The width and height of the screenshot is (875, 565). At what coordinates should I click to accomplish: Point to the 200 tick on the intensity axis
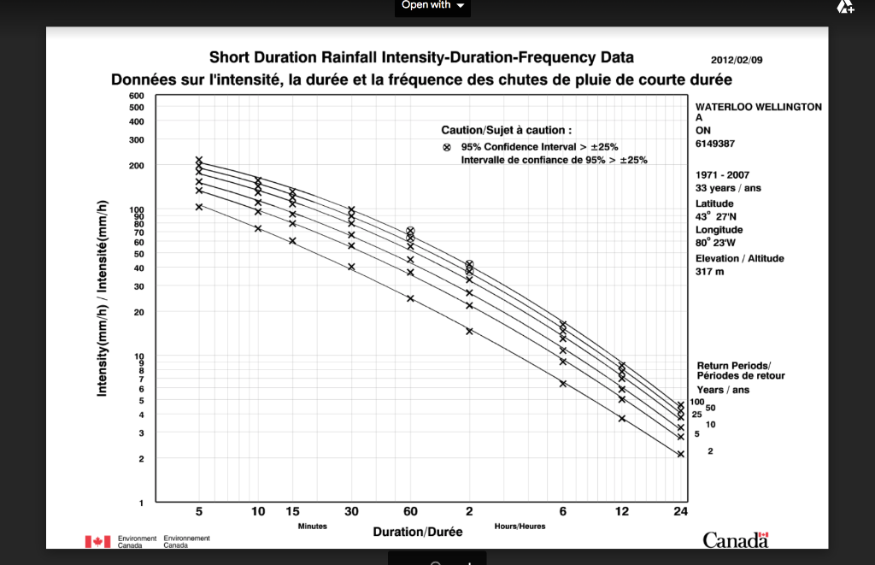[x=137, y=165]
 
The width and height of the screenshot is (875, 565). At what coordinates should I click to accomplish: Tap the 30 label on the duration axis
[x=351, y=511]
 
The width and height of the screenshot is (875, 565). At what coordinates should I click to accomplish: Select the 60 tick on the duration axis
[x=410, y=511]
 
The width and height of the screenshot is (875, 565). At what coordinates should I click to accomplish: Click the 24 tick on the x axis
[x=680, y=511]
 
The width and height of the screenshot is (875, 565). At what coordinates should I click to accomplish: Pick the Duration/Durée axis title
[x=418, y=532]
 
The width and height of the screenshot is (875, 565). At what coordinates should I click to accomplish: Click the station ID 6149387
[x=716, y=144]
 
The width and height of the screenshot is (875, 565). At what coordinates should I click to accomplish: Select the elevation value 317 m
[x=710, y=272]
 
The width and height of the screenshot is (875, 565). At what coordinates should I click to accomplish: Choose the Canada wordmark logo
[x=736, y=539]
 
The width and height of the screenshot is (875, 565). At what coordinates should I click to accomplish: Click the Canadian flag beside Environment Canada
[x=98, y=541]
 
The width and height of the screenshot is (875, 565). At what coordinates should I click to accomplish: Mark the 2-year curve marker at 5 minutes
[x=199, y=207]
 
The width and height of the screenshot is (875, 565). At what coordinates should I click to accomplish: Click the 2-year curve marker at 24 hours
[x=680, y=454]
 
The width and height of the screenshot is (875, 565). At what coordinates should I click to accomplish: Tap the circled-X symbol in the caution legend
[x=446, y=147]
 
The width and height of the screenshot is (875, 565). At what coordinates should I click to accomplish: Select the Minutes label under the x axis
[x=312, y=526]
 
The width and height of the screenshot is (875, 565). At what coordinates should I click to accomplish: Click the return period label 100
[x=696, y=402]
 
